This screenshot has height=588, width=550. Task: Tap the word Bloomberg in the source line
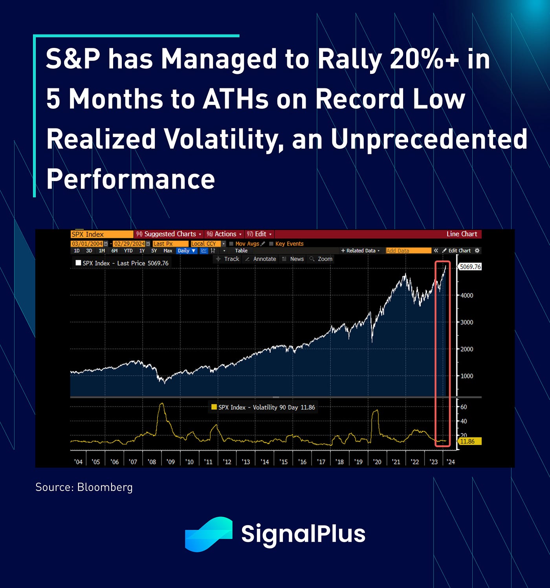tap(105, 487)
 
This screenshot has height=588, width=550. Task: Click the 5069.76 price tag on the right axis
tap(470, 267)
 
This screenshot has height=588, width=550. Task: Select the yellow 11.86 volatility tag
tap(469, 441)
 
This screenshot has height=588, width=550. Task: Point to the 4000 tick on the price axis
tap(467, 295)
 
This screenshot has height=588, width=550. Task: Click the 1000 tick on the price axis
tap(467, 376)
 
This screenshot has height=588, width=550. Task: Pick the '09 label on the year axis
tap(170, 462)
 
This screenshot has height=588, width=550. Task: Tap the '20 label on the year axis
tap(377, 462)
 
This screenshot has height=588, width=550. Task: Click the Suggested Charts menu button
tap(169, 234)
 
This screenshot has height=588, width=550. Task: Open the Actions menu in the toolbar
tap(224, 234)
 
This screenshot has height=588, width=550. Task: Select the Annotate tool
tap(264, 259)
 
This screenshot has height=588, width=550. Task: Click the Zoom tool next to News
tap(324, 259)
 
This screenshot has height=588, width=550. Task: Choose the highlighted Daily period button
tap(186, 251)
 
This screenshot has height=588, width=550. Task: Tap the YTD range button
tap(128, 251)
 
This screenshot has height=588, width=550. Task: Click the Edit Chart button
tap(459, 251)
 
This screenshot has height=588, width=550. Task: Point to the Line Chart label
tap(462, 234)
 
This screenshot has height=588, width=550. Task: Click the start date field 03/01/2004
tap(87, 244)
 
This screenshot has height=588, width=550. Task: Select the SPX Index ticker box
tap(101, 234)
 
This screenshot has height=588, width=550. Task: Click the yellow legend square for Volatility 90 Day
tap(214, 407)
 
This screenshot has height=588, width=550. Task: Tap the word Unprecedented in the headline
tap(429, 139)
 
